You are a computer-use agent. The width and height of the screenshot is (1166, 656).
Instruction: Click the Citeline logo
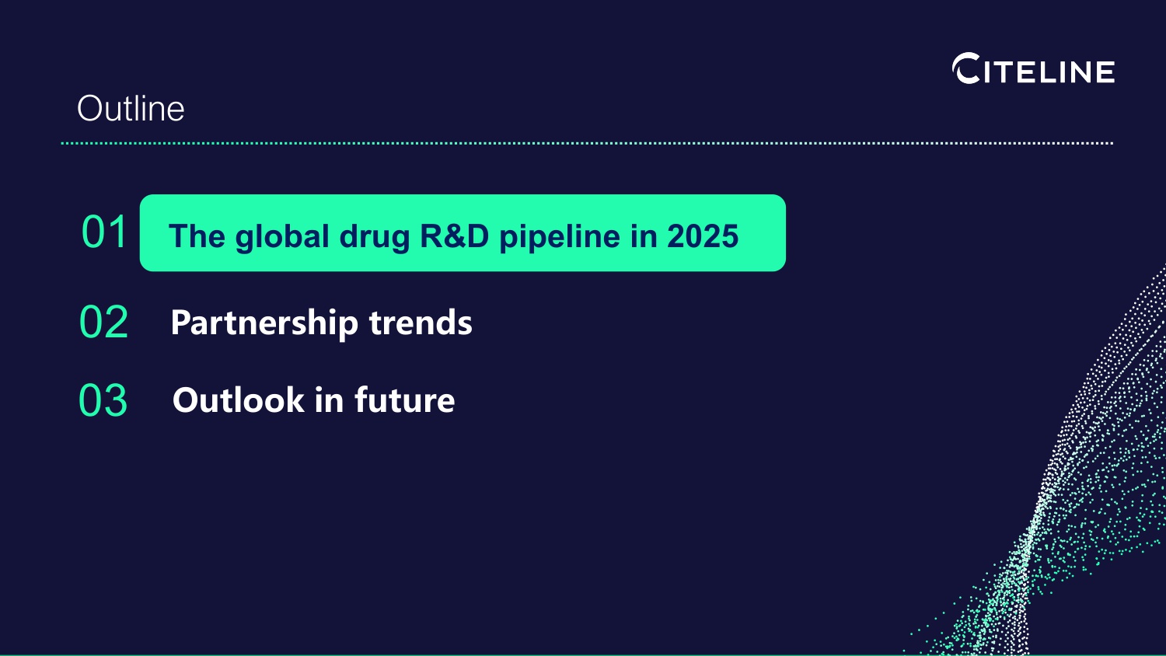tap(1033, 68)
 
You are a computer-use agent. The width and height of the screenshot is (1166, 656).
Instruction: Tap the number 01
tap(104, 232)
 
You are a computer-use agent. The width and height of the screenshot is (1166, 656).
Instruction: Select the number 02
tap(103, 322)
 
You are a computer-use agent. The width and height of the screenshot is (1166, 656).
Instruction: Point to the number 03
tap(103, 400)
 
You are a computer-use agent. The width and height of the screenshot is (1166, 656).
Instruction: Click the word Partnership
tap(264, 323)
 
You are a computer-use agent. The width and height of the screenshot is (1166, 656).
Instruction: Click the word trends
tap(421, 323)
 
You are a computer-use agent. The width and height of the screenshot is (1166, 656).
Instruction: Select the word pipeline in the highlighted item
tap(560, 237)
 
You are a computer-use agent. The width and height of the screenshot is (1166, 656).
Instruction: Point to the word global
tap(282, 237)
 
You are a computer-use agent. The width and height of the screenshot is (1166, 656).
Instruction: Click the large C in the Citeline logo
tap(966, 68)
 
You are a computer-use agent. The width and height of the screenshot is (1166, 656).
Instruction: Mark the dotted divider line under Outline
tap(587, 143)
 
